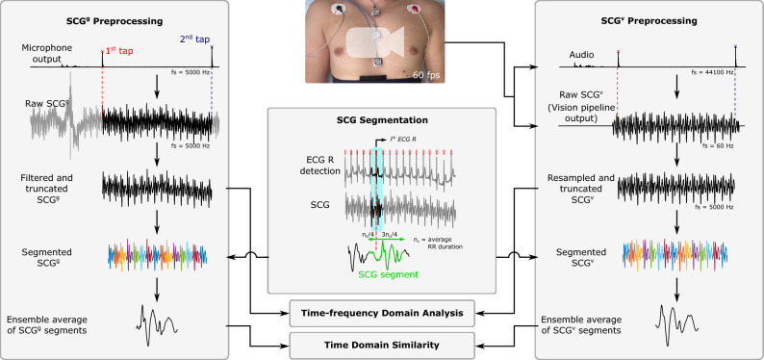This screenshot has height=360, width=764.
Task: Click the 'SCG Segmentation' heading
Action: pyautogui.click(x=382, y=122)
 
